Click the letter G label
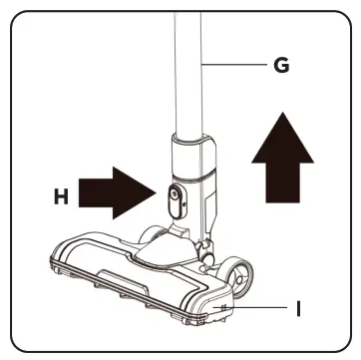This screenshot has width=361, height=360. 282,66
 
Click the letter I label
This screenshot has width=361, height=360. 298,309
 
